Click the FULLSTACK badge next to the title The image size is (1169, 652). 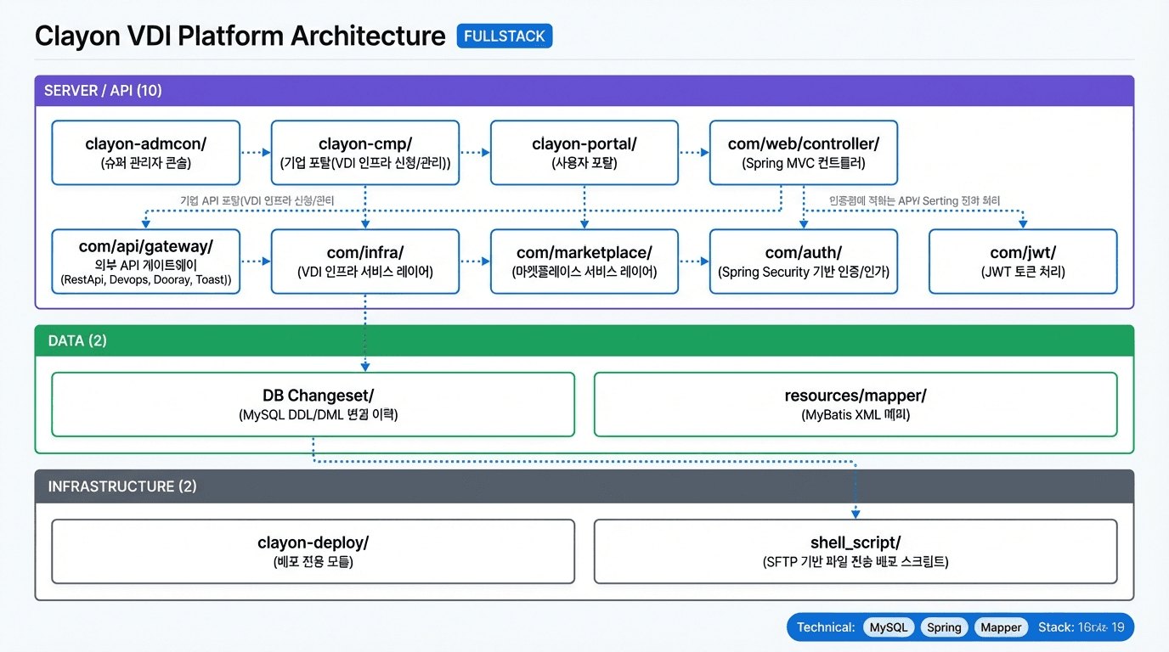505,36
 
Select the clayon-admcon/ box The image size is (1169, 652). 146,153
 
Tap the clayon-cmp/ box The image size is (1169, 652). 365,153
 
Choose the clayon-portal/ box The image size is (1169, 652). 584,153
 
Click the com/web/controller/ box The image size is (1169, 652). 804,153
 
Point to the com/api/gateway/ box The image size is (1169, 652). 146,261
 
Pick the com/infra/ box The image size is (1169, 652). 365,261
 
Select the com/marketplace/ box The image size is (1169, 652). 584,261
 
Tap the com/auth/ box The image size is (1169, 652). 804,261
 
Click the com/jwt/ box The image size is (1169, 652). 1023,261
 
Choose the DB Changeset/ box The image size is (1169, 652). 313,404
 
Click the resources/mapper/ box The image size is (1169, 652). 856,404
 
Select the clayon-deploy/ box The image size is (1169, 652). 313,552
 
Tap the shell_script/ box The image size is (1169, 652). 856,552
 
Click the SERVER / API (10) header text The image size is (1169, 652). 104,91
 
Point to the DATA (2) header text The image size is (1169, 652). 77,340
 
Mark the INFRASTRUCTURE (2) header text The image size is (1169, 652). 122,486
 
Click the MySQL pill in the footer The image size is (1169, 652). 889,627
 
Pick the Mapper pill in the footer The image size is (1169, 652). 1001,627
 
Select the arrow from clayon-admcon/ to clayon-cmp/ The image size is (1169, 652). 255,153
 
